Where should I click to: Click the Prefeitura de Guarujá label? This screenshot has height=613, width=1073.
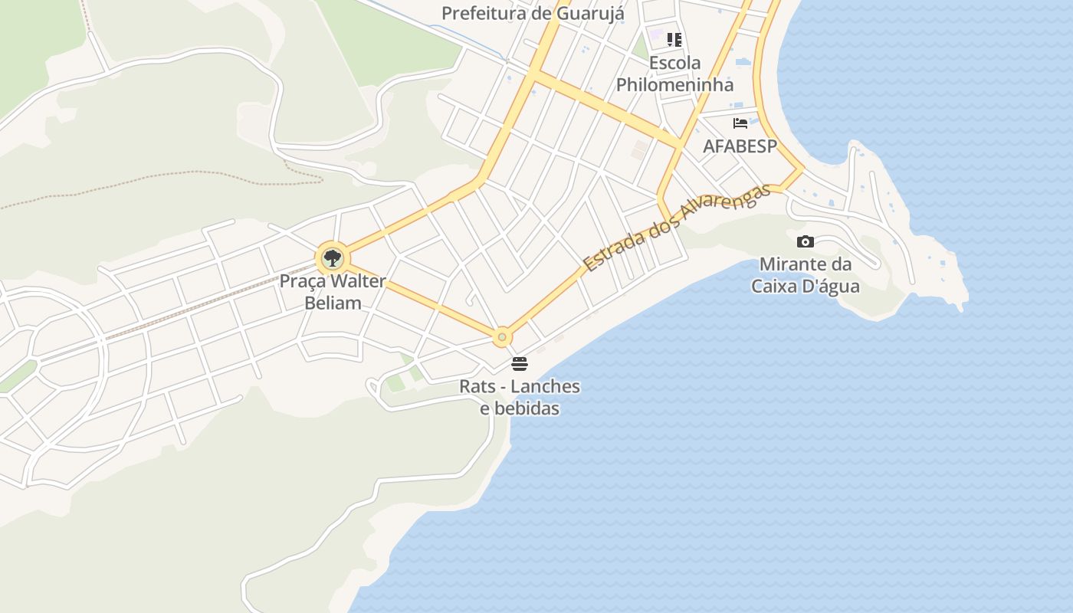(533, 13)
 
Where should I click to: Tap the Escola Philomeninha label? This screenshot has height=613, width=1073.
(674, 74)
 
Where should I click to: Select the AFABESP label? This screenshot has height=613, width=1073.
(740, 146)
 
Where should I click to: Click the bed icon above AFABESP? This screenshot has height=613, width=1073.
(740, 123)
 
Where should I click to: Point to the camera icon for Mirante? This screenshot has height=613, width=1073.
(805, 242)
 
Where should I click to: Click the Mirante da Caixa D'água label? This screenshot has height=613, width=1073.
(805, 275)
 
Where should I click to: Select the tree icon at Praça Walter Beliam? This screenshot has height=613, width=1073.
(332, 258)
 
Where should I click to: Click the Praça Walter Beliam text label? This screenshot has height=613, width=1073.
(333, 291)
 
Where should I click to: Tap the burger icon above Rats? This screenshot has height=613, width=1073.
(520, 363)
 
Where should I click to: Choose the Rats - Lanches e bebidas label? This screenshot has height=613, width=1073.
(520, 397)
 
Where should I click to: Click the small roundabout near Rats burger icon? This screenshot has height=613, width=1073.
(502, 336)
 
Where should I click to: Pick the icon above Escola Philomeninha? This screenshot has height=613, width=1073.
(674, 39)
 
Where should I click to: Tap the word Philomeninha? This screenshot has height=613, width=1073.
(674, 84)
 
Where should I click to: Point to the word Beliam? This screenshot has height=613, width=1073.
(333, 303)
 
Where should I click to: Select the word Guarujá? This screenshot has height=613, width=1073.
(592, 13)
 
